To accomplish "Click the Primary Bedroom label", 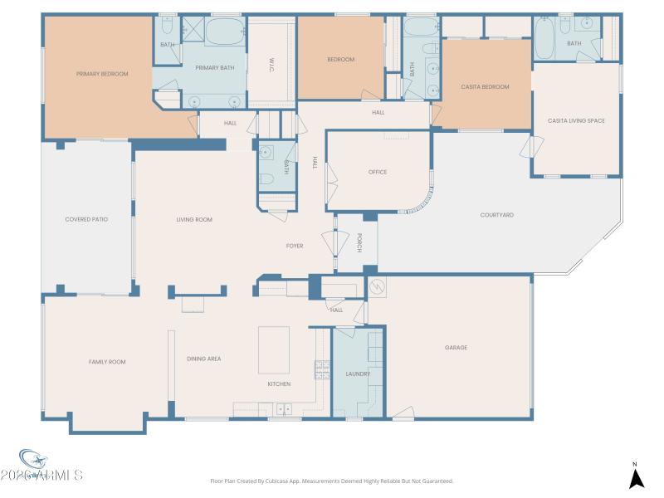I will (102, 74).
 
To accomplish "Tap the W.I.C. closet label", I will (271, 66).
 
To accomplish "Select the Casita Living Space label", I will (576, 121).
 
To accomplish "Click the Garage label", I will (456, 348).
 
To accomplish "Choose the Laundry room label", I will (358, 373).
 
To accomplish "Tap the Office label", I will (378, 172).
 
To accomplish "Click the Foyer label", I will (295, 246).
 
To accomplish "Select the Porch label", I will (359, 242).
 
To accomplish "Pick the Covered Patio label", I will (87, 219).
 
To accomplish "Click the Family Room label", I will (107, 362).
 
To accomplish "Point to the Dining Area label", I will (203, 359).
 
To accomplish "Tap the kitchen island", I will (274, 351).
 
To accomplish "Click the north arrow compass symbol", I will (636, 477).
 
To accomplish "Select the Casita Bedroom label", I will (485, 86).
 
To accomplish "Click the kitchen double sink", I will (284, 408).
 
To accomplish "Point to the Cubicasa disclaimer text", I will (332, 481).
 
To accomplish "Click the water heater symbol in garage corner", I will (377, 287).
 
